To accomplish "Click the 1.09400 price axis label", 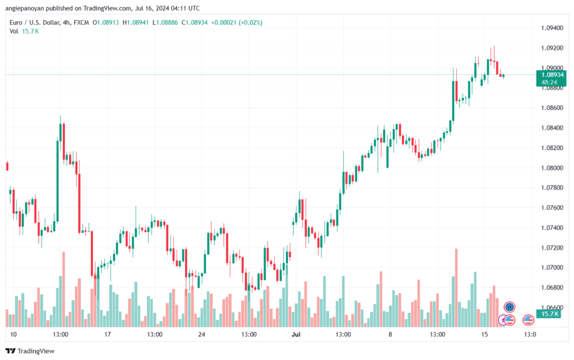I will coord(552,27).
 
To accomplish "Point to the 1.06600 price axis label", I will coord(552,307).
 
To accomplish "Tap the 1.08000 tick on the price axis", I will coord(552,167).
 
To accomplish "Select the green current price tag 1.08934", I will coord(548,74).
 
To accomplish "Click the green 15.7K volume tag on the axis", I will coord(547,314).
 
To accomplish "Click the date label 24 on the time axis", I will coord(202,334).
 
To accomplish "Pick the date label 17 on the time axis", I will coord(108,334).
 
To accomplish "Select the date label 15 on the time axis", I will coord(484,334).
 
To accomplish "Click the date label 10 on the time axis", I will coord(13,334).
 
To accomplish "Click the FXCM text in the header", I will coord(81,22).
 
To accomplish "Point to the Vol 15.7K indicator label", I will coord(24,31).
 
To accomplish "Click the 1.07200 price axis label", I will coord(552,247).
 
